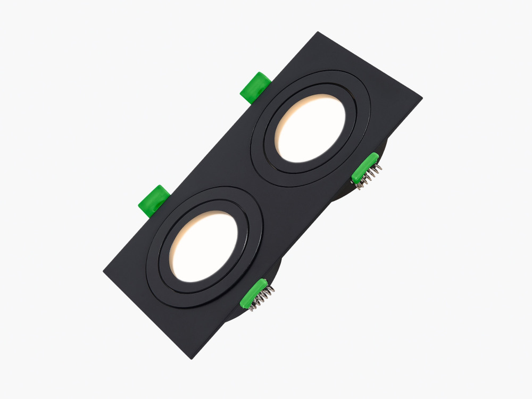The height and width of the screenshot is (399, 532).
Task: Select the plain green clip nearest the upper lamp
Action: coord(256,86)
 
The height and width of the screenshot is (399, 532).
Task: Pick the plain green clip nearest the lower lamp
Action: coord(155,201)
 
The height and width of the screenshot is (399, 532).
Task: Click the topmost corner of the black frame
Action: coord(318,33)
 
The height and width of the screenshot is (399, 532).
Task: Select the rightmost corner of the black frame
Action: coord(421,98)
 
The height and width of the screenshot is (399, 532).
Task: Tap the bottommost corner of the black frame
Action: coord(191,358)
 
